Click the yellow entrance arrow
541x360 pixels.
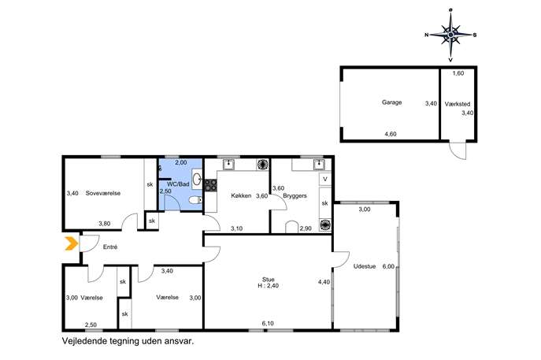pyautogui.click(x=72, y=243)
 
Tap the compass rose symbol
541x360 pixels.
pyautogui.click(x=450, y=35)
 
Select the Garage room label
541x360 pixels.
pyautogui.click(x=391, y=102)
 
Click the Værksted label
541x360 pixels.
pyautogui.click(x=458, y=104)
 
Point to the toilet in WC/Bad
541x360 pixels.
pyautogui.click(x=195, y=200)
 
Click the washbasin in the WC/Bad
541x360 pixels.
pyautogui.click(x=197, y=179)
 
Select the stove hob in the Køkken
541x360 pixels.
pyautogui.click(x=211, y=185)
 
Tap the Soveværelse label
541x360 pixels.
pyautogui.click(x=103, y=193)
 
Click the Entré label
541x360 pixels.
pyautogui.click(x=110, y=247)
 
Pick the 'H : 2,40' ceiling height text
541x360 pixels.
pyautogui.click(x=268, y=286)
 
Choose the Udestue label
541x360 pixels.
pyautogui.click(x=365, y=266)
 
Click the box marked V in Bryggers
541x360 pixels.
pyautogui.click(x=325, y=179)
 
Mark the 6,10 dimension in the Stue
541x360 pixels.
pyautogui.click(x=268, y=324)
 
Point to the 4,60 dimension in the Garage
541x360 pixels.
pyautogui.click(x=391, y=134)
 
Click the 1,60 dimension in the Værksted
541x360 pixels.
pyautogui.click(x=458, y=73)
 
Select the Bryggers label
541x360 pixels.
pyautogui.click(x=295, y=195)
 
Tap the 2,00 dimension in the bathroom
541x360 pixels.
pyautogui.click(x=181, y=162)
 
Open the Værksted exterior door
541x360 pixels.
pyautogui.click(x=458, y=150)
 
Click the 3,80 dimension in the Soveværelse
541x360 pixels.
pyautogui.click(x=104, y=224)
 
